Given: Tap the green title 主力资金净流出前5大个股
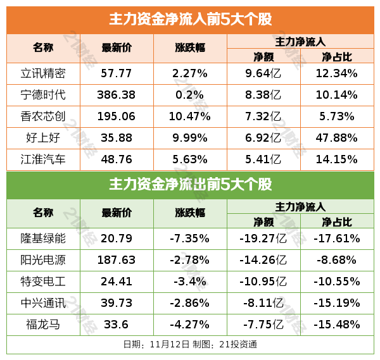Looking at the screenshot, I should (x=190, y=185).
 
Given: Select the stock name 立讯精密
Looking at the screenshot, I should (x=43, y=73).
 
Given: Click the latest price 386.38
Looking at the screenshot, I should (x=117, y=95).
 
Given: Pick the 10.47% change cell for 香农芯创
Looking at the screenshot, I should (x=190, y=116).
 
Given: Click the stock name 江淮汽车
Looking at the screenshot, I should (x=43, y=159).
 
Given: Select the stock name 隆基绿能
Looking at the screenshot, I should (x=43, y=239).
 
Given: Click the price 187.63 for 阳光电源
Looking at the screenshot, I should (x=117, y=260).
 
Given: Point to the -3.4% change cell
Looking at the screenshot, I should (x=190, y=282).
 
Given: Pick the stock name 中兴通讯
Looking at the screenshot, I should (x=43, y=303).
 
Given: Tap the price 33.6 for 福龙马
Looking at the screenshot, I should (x=117, y=325).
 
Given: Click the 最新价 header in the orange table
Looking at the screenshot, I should (x=117, y=48).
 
